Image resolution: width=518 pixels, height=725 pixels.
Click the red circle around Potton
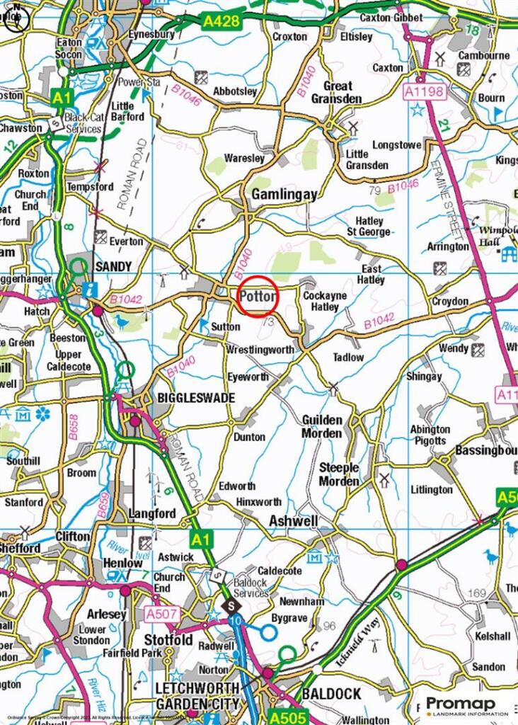click(255, 298)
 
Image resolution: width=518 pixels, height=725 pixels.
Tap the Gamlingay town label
click(284, 194)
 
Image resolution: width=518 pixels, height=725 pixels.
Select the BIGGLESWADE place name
click(190, 398)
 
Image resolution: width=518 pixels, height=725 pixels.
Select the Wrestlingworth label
click(260, 350)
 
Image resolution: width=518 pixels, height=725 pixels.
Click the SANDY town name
click(113, 266)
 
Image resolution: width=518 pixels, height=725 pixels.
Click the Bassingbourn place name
click(486, 450)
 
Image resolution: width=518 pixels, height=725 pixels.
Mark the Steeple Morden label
click(339, 474)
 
